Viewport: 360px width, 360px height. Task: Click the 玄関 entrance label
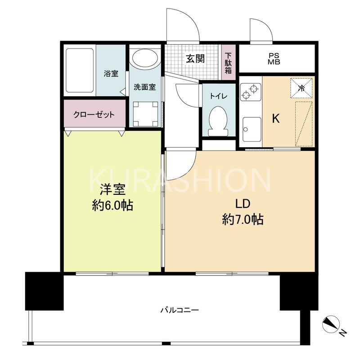tap(196, 58)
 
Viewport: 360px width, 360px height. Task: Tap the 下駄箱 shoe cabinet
tap(229, 63)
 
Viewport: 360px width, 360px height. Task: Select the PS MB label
tap(274, 59)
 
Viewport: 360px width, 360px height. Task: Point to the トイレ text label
tap(218, 96)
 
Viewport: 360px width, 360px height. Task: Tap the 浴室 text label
tap(111, 73)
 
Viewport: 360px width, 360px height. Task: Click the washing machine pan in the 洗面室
tap(145, 113)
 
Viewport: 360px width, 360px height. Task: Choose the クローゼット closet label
tap(94, 114)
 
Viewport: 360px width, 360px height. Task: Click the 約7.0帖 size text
tap(243, 220)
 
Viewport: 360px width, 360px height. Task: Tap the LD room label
tap(243, 204)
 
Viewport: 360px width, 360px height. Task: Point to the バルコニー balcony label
tap(180, 310)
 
